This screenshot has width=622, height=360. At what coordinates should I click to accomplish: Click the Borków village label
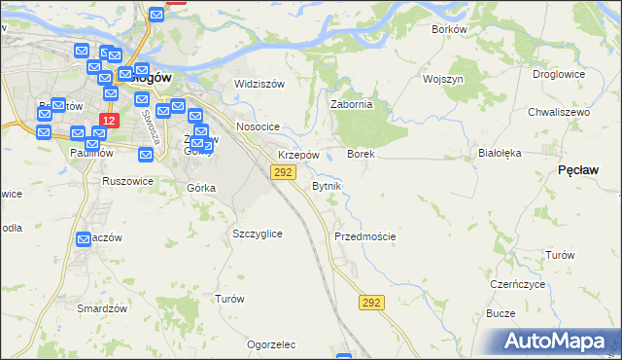[449, 29]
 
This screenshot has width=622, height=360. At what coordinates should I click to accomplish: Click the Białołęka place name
[501, 153]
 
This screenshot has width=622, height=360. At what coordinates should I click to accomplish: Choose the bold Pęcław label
[577, 170]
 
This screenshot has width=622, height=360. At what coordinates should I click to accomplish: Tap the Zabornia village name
[352, 105]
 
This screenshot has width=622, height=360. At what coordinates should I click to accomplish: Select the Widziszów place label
[259, 84]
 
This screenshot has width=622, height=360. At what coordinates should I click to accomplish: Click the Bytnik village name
[327, 186]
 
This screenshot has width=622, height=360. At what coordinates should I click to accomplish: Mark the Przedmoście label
[364, 236]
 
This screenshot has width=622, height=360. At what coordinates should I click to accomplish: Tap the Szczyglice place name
[258, 234]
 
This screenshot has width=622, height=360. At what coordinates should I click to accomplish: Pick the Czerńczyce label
[515, 284]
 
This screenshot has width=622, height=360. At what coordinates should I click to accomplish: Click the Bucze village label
[501, 314]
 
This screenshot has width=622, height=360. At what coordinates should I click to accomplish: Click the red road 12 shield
[108, 121]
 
